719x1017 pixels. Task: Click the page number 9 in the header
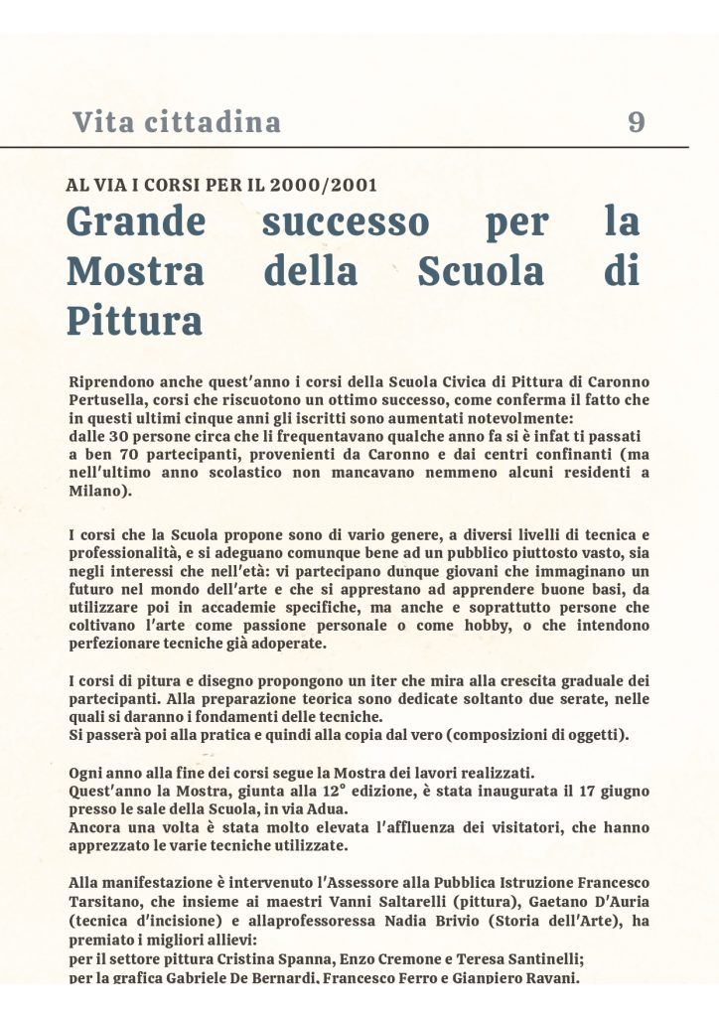[x=637, y=122]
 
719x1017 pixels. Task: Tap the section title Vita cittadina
[x=177, y=122]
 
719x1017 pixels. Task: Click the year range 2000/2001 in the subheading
[x=329, y=185]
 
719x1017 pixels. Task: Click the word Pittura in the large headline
[x=134, y=320]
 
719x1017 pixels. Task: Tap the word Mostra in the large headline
[x=135, y=270]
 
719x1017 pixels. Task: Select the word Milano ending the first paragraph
[x=97, y=491]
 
